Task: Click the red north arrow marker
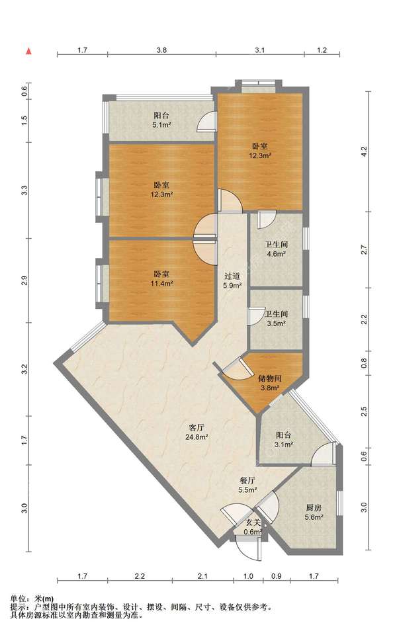[x=28, y=51]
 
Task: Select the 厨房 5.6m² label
[x=314, y=512]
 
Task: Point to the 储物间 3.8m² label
[x=270, y=383]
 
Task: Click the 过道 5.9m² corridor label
[x=232, y=280]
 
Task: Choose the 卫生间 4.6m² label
[x=276, y=249]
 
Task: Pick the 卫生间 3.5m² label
[x=277, y=319]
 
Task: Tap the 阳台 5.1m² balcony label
[x=161, y=120]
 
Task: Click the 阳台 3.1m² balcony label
[x=284, y=440]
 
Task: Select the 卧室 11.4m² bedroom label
[x=161, y=278]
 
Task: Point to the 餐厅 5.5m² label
[x=247, y=485]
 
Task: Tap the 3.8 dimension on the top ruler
[x=161, y=50]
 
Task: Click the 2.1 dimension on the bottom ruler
[x=202, y=576]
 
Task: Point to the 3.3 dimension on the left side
[x=24, y=190]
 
